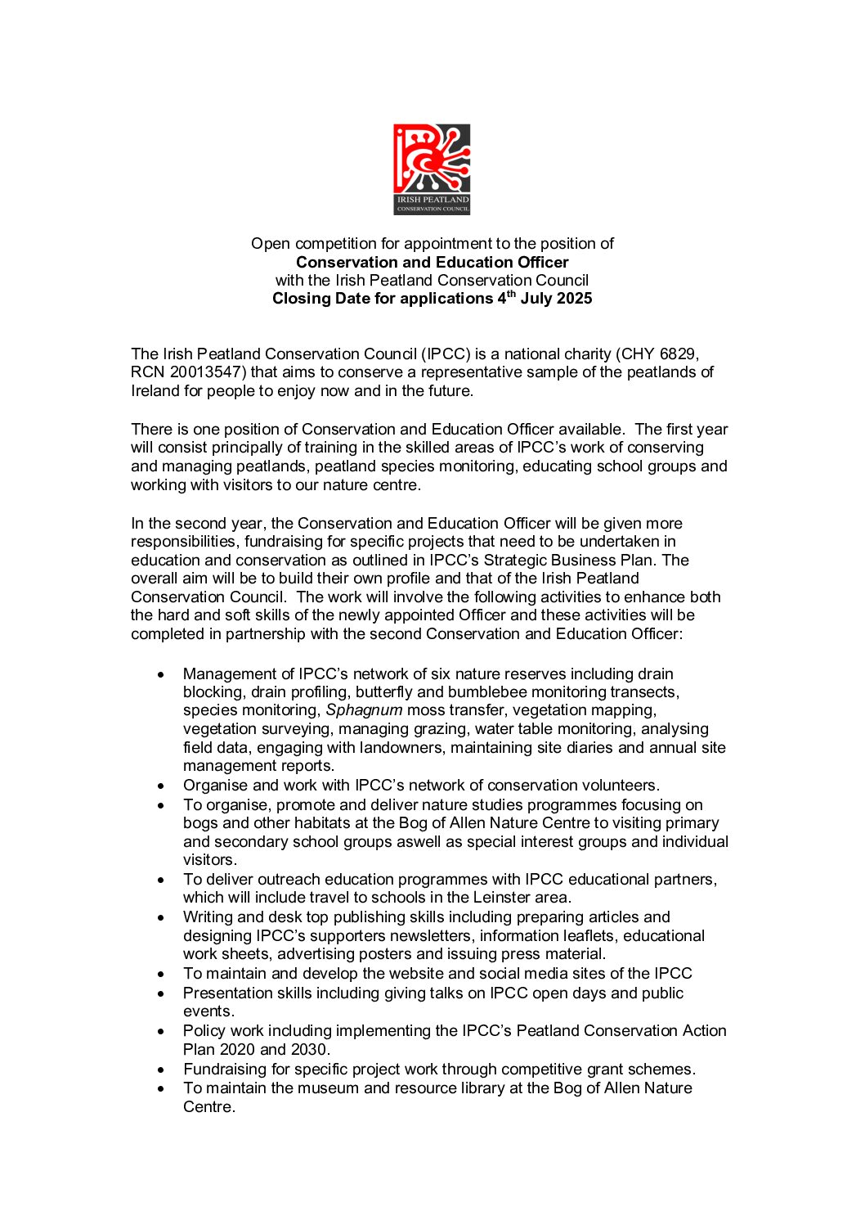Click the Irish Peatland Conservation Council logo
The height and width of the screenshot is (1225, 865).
coord(432,169)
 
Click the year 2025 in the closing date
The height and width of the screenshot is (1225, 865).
coord(574,299)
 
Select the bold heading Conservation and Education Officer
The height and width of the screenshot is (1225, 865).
coord(432,263)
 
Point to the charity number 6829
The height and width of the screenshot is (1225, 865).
coord(678,354)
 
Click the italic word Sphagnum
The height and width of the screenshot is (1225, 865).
coord(364,710)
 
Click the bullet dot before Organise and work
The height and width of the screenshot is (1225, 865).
coord(162,786)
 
